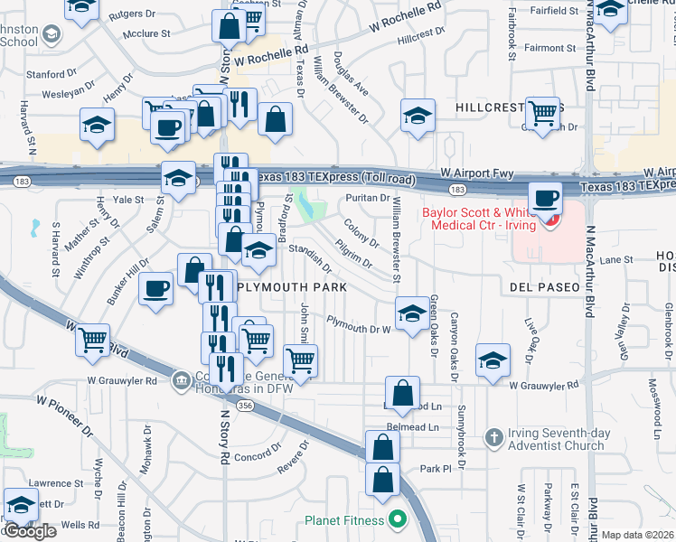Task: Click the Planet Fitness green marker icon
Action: (396, 519)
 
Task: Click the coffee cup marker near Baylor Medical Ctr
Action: (544, 198)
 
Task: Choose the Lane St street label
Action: (616, 259)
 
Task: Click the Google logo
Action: (31, 531)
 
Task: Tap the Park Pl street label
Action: (435, 469)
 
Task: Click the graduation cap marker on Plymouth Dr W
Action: (412, 313)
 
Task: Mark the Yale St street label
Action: (128, 199)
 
